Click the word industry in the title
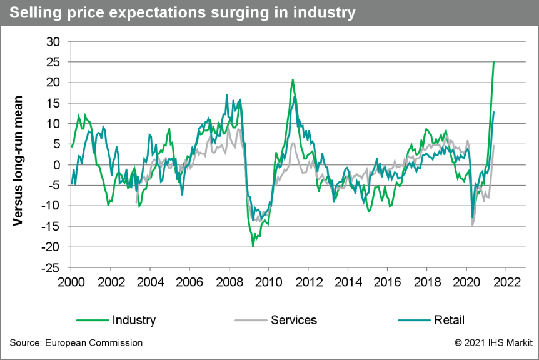(x=324, y=12)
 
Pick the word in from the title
(x=280, y=12)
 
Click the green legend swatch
(x=93, y=321)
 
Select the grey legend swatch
(x=251, y=321)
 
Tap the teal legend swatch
(x=414, y=321)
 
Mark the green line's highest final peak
(x=494, y=61)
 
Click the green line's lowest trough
(x=253, y=246)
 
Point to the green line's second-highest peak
(x=292, y=79)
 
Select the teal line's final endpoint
(x=494, y=111)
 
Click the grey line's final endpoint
(x=494, y=144)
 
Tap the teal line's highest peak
(x=226, y=94)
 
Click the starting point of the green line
(x=71, y=147)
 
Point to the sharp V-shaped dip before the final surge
(x=473, y=224)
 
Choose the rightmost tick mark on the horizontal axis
(x=505, y=269)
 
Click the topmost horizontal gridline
(x=288, y=41)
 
